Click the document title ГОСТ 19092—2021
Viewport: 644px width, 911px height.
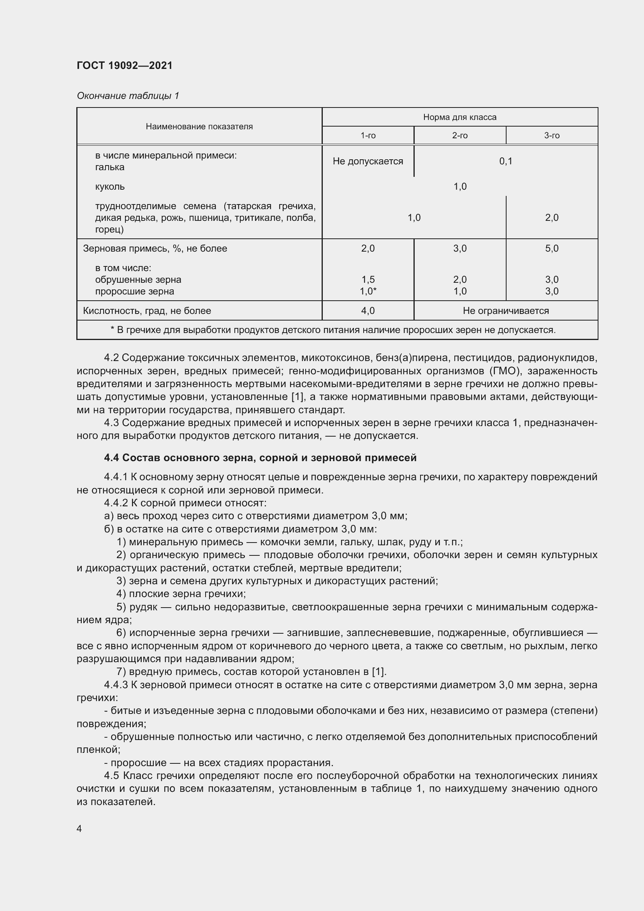(x=125, y=65)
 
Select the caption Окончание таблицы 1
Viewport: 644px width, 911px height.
(x=128, y=96)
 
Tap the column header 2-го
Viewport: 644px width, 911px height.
(x=459, y=136)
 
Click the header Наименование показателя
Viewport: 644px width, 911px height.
(x=199, y=127)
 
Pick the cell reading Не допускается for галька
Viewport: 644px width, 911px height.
(x=368, y=161)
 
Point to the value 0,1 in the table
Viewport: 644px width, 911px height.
(x=506, y=161)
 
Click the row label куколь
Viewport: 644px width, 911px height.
(x=110, y=187)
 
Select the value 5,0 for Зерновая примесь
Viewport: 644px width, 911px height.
(x=552, y=248)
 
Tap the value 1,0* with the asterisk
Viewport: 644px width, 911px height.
(x=368, y=291)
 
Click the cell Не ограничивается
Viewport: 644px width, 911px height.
(x=506, y=311)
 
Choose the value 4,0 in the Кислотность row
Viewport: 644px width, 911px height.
(x=368, y=311)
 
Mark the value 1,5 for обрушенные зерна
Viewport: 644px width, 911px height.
(x=368, y=279)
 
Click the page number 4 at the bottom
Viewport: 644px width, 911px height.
(x=79, y=829)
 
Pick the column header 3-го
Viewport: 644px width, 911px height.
(x=552, y=136)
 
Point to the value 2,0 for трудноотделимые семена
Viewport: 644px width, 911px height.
(x=552, y=217)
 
